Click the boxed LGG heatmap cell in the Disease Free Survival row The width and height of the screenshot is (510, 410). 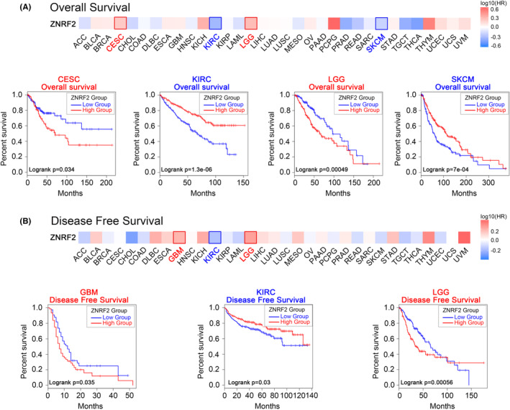click(250, 236)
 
